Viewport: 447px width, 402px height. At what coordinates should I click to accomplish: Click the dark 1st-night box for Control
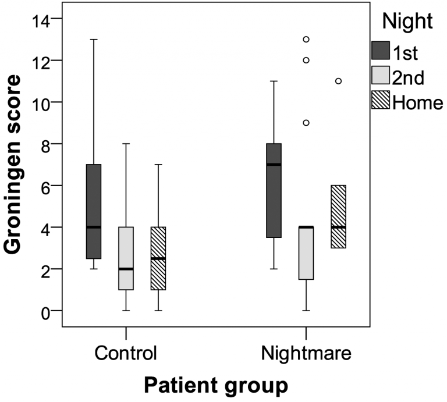[93, 212]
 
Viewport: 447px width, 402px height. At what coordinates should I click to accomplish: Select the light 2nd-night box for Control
[126, 258]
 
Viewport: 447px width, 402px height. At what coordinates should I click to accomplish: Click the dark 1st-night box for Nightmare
[274, 190]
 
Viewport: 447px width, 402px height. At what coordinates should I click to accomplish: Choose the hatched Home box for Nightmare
[338, 216]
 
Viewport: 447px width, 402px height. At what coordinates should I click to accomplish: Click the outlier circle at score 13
[306, 40]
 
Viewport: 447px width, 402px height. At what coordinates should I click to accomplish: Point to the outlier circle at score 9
[306, 123]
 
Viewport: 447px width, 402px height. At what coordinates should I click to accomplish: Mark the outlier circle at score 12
[306, 60]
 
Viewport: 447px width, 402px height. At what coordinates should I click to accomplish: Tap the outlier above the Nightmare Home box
[338, 81]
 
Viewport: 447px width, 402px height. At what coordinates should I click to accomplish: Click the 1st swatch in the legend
[381, 51]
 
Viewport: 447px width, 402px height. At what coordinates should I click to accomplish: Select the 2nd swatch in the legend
[381, 76]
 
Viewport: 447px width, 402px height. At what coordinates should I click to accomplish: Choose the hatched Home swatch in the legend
[381, 101]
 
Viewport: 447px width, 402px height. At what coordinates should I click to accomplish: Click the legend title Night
[407, 22]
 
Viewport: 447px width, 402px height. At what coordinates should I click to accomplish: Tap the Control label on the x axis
[126, 354]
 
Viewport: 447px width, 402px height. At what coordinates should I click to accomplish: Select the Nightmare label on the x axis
[306, 354]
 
